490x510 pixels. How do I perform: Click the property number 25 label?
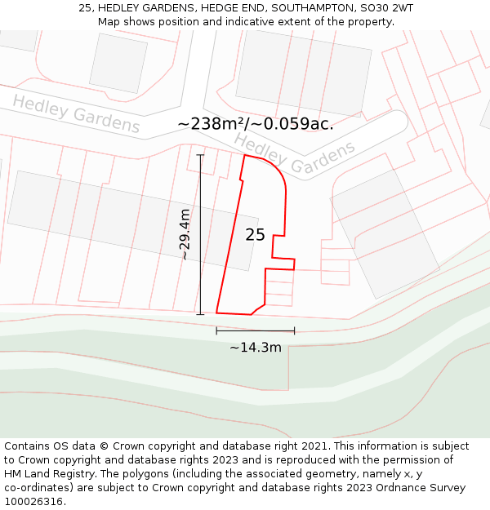[x=255, y=235]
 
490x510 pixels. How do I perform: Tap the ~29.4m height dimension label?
[x=185, y=234]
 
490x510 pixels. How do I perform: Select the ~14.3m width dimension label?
[x=255, y=348]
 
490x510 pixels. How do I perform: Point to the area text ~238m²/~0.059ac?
[x=255, y=124]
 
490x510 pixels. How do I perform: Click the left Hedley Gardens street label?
[x=76, y=114]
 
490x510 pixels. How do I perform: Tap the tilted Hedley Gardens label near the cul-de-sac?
[x=296, y=155]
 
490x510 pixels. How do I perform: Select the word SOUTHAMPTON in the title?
[x=310, y=8]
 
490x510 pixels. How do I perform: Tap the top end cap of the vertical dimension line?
[x=200, y=155]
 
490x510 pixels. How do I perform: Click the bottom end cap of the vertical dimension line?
[x=200, y=314]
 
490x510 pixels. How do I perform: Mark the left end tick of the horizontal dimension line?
[x=216, y=330]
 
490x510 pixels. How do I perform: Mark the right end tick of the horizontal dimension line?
[x=294, y=330]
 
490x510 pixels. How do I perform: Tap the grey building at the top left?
[x=118, y=63]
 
